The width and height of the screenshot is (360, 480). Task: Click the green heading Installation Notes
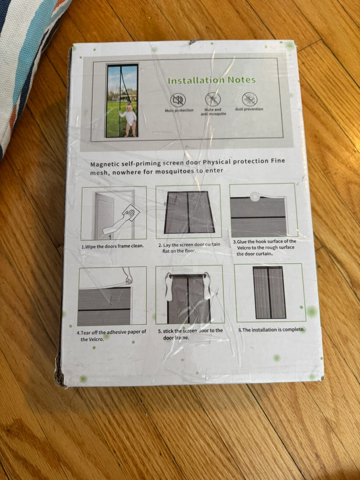coord(212,80)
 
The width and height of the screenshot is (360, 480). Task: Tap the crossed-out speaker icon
coord(178,100)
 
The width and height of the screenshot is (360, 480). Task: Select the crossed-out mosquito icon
coord(213,99)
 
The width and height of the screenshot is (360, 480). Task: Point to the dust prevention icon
coord(249,99)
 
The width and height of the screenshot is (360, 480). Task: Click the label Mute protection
coord(179,110)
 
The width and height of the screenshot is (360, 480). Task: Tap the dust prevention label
coord(249,109)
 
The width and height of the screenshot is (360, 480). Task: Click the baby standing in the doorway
coord(127,120)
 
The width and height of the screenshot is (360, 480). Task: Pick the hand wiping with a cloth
coord(121,220)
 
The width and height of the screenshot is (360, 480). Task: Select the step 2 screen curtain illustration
coord(189,212)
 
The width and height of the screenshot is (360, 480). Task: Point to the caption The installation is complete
coord(271,330)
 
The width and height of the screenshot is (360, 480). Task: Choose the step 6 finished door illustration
coord(270,292)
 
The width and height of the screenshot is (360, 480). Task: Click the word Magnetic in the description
coord(104,164)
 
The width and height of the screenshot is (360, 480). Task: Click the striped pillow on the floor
coord(28,66)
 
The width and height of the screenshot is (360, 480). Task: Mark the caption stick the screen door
coord(190,334)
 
